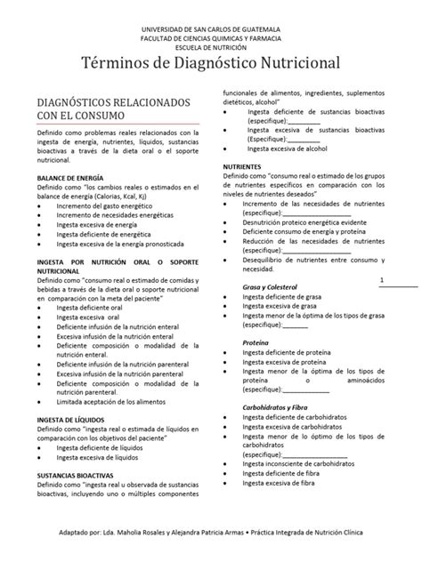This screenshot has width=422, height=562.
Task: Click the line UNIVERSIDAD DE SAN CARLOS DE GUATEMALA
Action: coord(211,29)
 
